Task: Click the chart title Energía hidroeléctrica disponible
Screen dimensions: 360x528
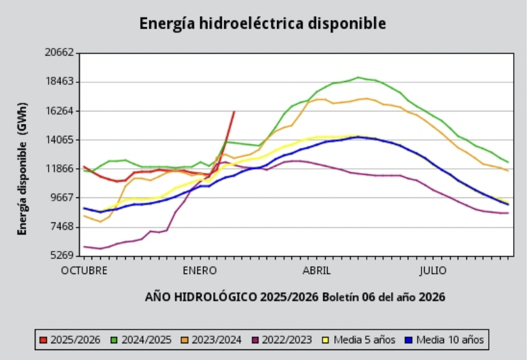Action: (263, 24)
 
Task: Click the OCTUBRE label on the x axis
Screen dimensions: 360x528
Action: (84, 271)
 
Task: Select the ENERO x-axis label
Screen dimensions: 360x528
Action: (199, 271)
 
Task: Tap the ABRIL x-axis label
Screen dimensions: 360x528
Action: (316, 271)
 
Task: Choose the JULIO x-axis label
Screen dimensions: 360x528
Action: (433, 271)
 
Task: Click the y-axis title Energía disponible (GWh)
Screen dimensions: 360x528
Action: (22, 168)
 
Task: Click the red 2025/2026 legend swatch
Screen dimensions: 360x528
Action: (42, 339)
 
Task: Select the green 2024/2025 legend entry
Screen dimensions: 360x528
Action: (142, 339)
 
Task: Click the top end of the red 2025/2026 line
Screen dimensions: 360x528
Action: (233, 112)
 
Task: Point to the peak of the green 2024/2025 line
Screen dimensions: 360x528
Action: (358, 77)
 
